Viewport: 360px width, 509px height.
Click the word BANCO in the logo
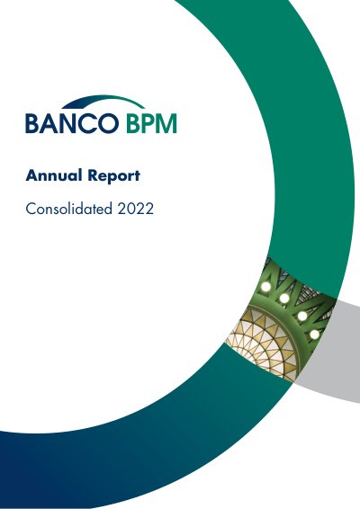[72, 123]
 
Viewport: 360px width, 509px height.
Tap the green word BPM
[151, 123]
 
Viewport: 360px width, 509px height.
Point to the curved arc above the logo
[103, 101]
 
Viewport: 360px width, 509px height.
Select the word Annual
[54, 175]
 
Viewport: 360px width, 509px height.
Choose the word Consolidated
[69, 209]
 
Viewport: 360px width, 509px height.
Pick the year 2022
[136, 209]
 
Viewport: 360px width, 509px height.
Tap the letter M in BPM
[166, 123]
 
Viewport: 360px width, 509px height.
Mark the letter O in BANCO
[109, 123]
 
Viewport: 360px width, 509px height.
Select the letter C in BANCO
[88, 123]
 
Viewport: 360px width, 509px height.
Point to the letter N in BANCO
[68, 123]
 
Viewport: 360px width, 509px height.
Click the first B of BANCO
[31, 123]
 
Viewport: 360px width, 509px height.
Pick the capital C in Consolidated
[31, 209]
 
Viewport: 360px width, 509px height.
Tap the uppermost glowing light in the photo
[265, 286]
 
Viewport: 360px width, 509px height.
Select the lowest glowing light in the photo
[314, 334]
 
